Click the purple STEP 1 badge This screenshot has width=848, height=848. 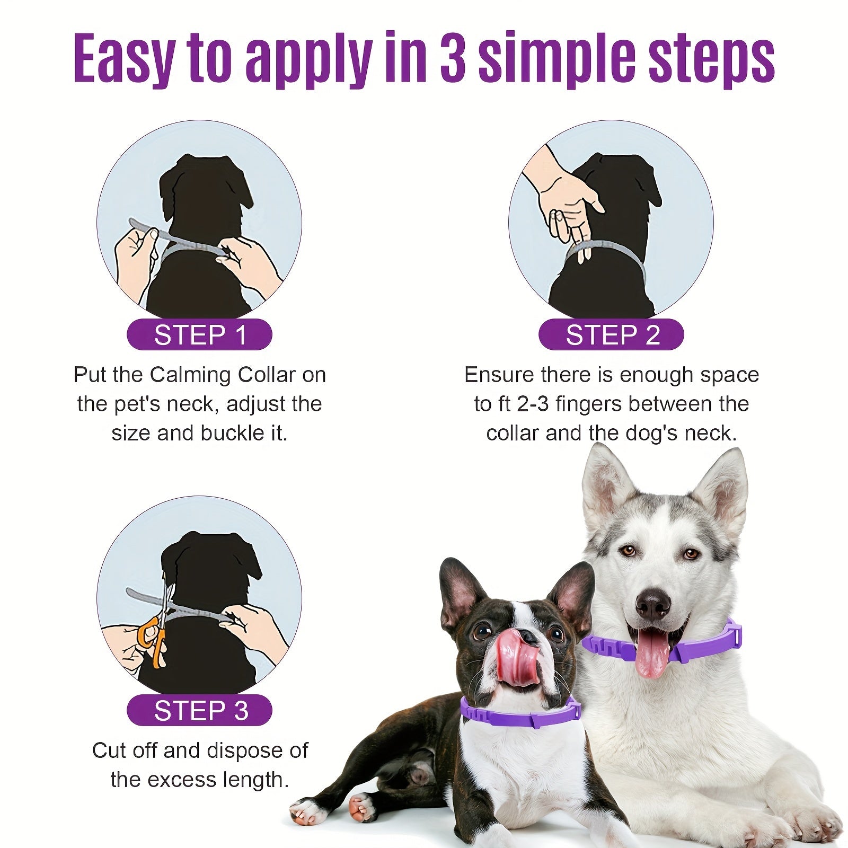199,335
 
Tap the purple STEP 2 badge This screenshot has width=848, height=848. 611,335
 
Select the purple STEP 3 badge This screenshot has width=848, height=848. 199,710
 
